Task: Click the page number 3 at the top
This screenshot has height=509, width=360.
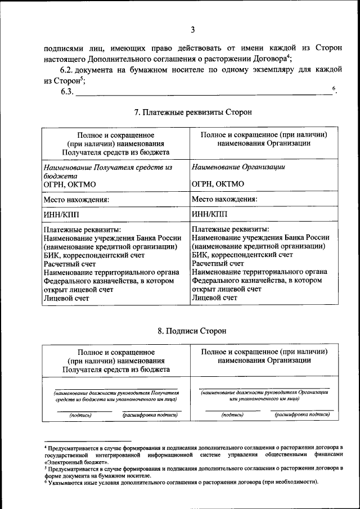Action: click(x=192, y=30)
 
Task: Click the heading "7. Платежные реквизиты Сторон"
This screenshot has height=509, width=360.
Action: click(x=193, y=112)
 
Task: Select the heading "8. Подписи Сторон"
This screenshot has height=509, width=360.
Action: click(x=192, y=331)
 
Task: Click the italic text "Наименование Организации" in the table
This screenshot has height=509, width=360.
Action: click(x=238, y=167)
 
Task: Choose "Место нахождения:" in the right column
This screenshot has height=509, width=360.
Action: click(x=224, y=199)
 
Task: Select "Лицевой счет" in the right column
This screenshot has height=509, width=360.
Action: click(x=214, y=298)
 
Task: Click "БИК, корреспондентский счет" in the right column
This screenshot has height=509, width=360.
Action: click(x=242, y=255)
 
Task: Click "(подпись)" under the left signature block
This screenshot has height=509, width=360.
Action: click(x=80, y=415)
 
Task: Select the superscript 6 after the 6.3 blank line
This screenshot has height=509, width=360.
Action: click(x=334, y=88)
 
